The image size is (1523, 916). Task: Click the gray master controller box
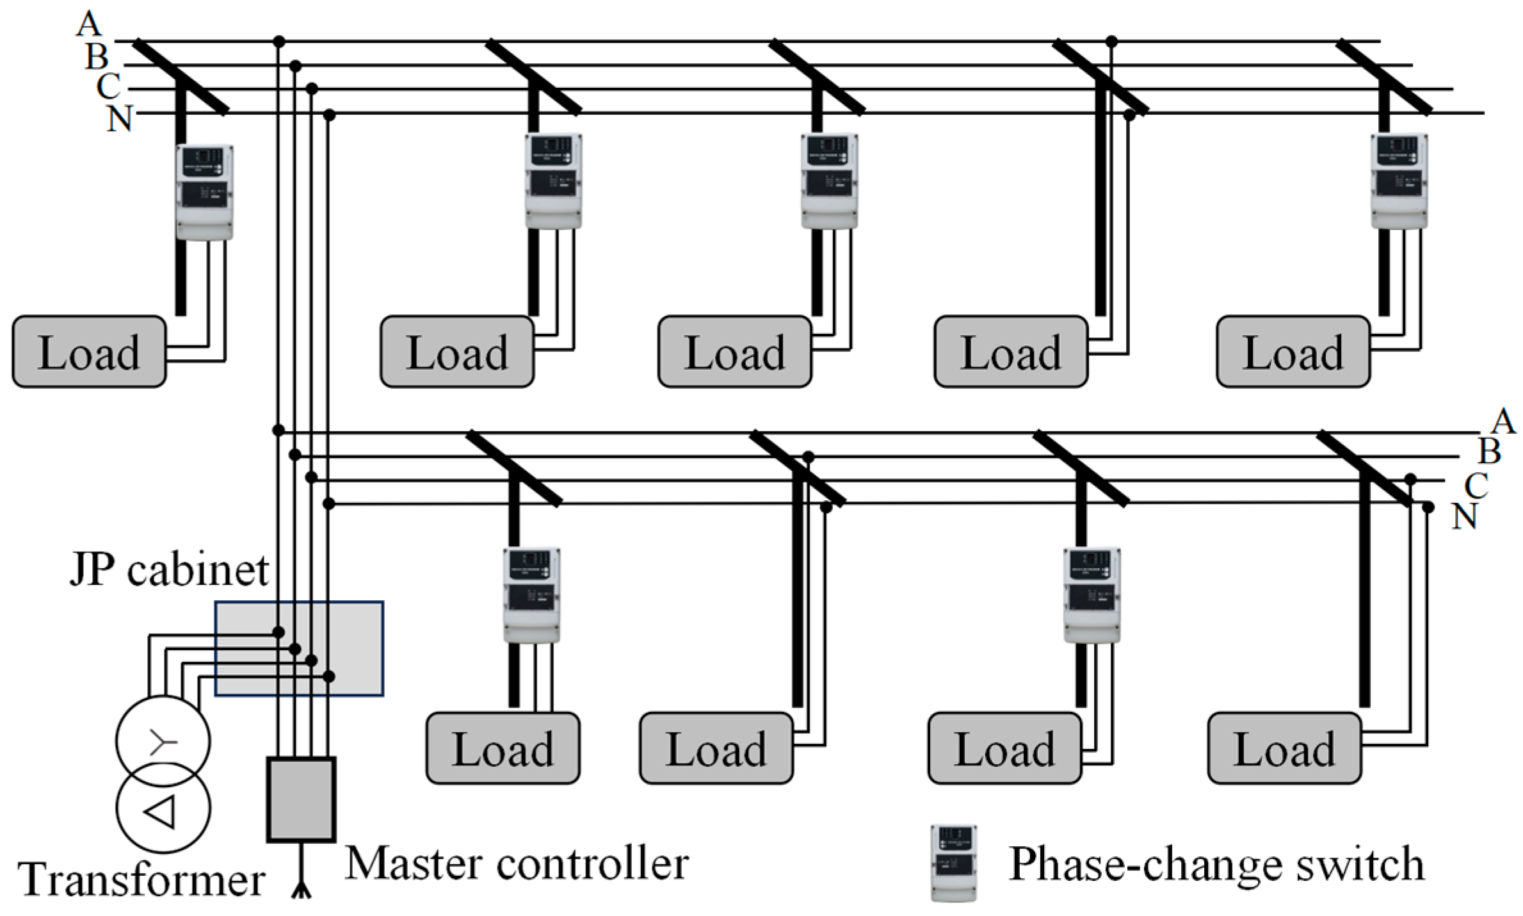click(301, 799)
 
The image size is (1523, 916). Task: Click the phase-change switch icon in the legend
click(953, 863)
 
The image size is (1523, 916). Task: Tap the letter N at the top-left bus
click(119, 119)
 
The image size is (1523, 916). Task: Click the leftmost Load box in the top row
click(89, 352)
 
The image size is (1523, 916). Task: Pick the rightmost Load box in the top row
click(1293, 352)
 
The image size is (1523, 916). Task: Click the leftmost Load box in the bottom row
click(503, 748)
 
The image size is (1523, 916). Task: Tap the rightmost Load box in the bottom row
click(1284, 748)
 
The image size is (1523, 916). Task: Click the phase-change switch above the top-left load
click(204, 192)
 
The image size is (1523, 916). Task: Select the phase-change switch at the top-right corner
click(1398, 181)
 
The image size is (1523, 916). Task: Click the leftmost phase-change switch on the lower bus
click(531, 595)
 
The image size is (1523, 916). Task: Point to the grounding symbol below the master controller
click(301, 887)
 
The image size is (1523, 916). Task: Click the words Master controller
click(517, 863)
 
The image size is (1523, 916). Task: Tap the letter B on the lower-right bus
click(1490, 452)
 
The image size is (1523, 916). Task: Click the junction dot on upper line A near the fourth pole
click(1111, 42)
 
